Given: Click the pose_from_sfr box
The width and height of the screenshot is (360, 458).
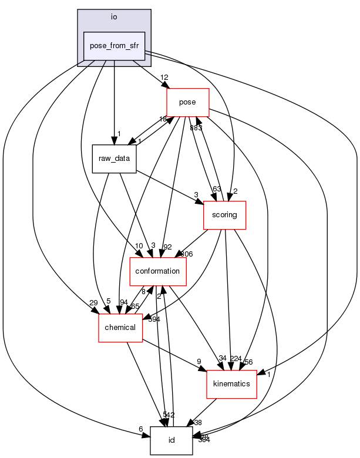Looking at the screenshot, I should pos(114,46).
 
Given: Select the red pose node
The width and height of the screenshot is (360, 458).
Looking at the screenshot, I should pos(188,102).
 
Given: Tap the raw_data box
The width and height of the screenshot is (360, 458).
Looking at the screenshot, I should pos(114,159).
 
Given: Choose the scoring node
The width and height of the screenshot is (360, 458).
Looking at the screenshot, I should pos(224,215).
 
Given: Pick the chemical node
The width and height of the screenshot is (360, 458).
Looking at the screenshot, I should pos(120,327).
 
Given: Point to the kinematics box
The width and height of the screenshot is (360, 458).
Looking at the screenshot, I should pos(231,383).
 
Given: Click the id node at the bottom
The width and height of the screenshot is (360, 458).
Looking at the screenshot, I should pos(171,440).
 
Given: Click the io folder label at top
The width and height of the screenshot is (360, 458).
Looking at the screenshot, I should pos(114,16).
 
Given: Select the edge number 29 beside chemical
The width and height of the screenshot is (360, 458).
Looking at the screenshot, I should pos(93,302).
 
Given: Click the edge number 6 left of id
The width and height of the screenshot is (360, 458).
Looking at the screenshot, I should pos(141,429).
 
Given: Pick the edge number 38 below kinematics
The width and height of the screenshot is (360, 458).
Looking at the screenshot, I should pos(197,422).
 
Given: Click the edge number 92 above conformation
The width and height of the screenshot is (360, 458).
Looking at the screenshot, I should pos(167,246).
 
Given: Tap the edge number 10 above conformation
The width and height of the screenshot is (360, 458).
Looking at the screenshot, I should pos(139,245).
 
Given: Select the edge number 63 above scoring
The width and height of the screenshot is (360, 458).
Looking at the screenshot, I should pos(217,189).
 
